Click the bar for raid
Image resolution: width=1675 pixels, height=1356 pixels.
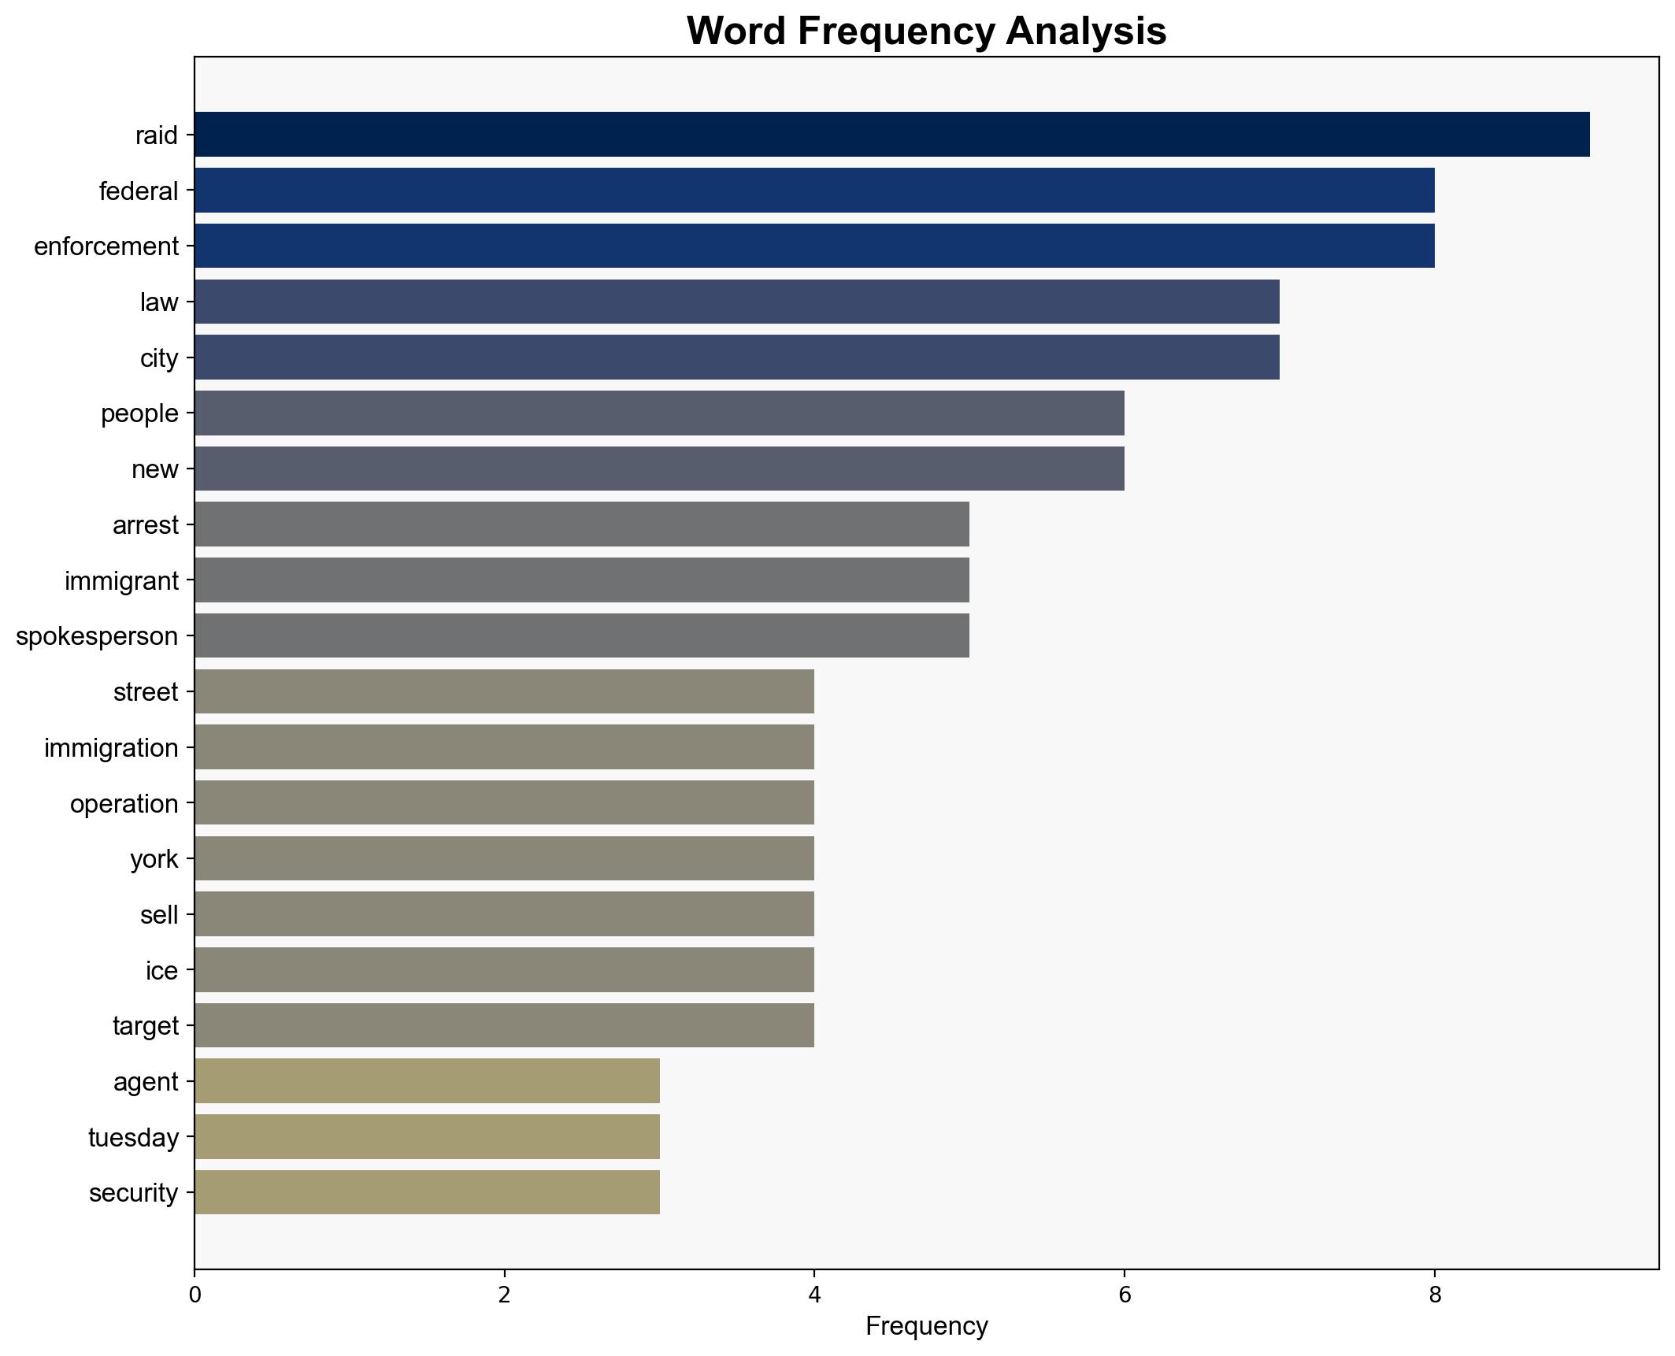(x=891, y=135)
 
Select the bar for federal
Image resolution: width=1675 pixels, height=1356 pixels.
(x=814, y=191)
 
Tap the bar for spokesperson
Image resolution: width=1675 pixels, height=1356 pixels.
(x=582, y=635)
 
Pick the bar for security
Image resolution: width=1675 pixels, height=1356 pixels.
(x=427, y=1192)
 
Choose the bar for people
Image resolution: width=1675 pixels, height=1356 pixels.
(x=659, y=413)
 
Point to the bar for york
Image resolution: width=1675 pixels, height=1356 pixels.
(x=504, y=858)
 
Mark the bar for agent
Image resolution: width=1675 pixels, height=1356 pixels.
(x=427, y=1081)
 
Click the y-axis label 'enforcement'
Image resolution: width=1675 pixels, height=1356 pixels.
(x=106, y=246)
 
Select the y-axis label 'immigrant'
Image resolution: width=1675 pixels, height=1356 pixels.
(x=121, y=581)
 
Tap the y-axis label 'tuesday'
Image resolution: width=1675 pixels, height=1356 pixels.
(x=133, y=1138)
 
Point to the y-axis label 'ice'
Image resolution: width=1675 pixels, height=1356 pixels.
(x=161, y=971)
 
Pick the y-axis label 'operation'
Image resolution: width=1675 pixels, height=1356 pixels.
(x=124, y=804)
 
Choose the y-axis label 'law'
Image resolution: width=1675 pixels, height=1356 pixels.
(x=159, y=302)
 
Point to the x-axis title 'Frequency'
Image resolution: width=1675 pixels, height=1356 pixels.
(x=926, y=1327)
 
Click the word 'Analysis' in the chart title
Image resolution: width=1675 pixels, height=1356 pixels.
(x=1086, y=31)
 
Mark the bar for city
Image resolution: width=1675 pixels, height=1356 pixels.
(x=736, y=358)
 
